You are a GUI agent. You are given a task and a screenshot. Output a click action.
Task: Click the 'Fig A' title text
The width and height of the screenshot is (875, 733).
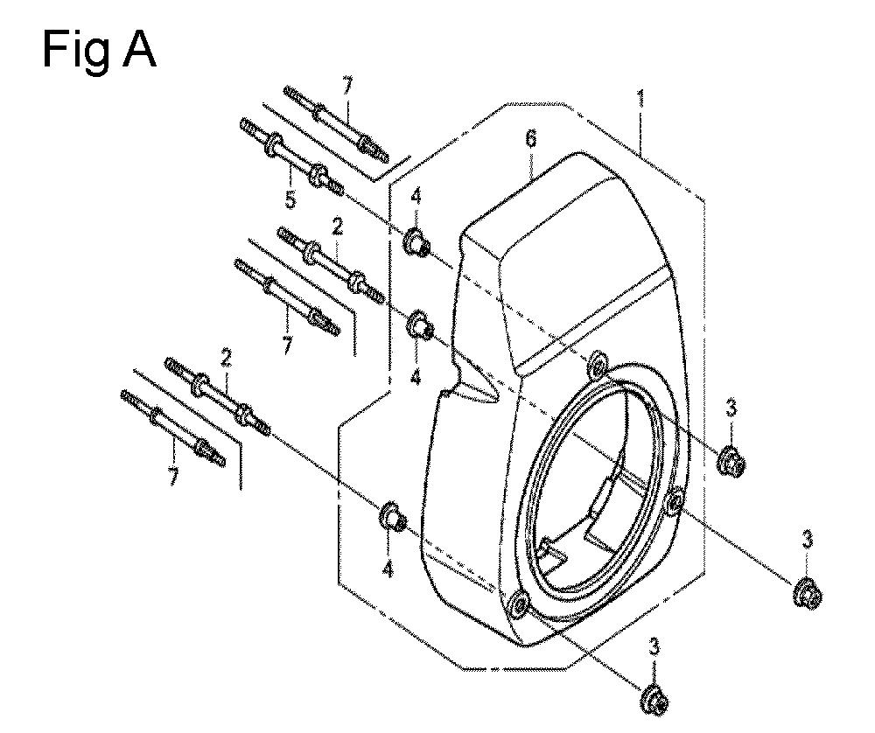click(99, 50)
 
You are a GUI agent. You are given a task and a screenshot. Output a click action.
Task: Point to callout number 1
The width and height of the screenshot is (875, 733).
click(641, 100)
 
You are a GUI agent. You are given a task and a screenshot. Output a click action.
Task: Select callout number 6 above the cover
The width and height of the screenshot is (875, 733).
click(531, 138)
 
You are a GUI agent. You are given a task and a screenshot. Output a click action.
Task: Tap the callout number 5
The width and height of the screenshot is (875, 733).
click(290, 199)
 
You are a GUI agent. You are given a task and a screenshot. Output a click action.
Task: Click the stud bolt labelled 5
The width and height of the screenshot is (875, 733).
click(291, 157)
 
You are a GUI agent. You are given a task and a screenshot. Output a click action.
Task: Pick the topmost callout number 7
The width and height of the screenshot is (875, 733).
click(347, 87)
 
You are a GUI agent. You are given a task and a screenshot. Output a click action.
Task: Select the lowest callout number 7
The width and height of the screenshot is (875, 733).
click(173, 477)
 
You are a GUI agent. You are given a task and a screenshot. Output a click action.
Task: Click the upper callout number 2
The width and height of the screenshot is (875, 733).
click(337, 227)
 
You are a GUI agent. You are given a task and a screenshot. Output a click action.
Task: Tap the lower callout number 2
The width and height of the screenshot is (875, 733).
click(226, 358)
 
